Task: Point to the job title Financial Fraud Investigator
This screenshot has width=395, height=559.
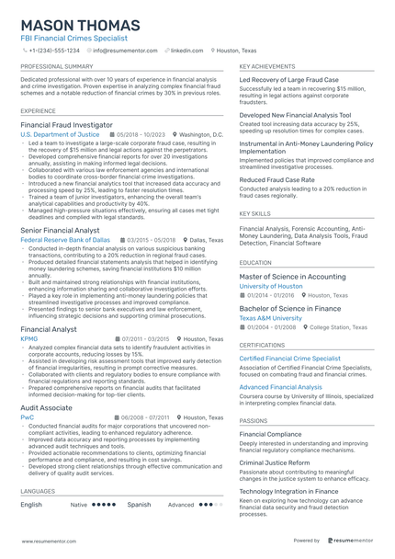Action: point(67,124)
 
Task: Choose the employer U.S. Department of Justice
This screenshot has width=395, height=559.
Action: point(60,134)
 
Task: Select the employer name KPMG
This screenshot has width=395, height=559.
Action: point(29,338)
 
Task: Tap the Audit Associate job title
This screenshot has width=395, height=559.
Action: point(47,406)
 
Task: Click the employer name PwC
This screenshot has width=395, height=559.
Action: point(27,416)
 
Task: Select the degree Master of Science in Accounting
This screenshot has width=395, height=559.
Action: point(293,276)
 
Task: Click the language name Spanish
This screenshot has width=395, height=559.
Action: point(139,505)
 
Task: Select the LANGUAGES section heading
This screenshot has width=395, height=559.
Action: point(38,492)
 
